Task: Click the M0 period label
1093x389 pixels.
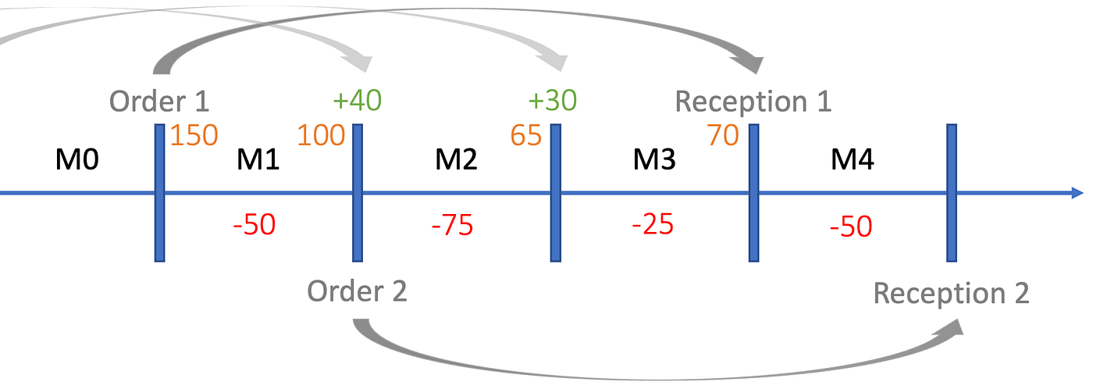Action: (x=77, y=159)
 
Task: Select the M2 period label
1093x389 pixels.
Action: (x=456, y=159)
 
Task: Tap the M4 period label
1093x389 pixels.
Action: (x=853, y=159)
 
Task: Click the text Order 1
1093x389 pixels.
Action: (x=159, y=101)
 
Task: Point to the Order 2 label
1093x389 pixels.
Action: (x=358, y=291)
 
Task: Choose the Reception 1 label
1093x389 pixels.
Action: (x=753, y=101)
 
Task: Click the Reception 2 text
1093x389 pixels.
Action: (x=952, y=293)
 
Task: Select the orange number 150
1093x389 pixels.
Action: (x=194, y=134)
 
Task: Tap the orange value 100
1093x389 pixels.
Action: (x=321, y=134)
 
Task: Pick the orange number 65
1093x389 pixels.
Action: (x=526, y=134)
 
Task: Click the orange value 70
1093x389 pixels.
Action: (x=723, y=134)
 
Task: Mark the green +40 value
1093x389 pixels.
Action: (x=358, y=100)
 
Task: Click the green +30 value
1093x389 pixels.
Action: (x=553, y=100)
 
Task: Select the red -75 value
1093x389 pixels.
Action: (x=452, y=225)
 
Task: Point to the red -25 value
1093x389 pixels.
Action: (x=653, y=224)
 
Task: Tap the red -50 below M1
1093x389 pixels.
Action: (x=255, y=224)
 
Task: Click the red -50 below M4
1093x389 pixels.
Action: (x=851, y=227)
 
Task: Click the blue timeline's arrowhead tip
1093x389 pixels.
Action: (x=1083, y=193)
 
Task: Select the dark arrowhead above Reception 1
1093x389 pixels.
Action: (x=749, y=63)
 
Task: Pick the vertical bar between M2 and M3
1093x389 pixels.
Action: (x=555, y=193)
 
